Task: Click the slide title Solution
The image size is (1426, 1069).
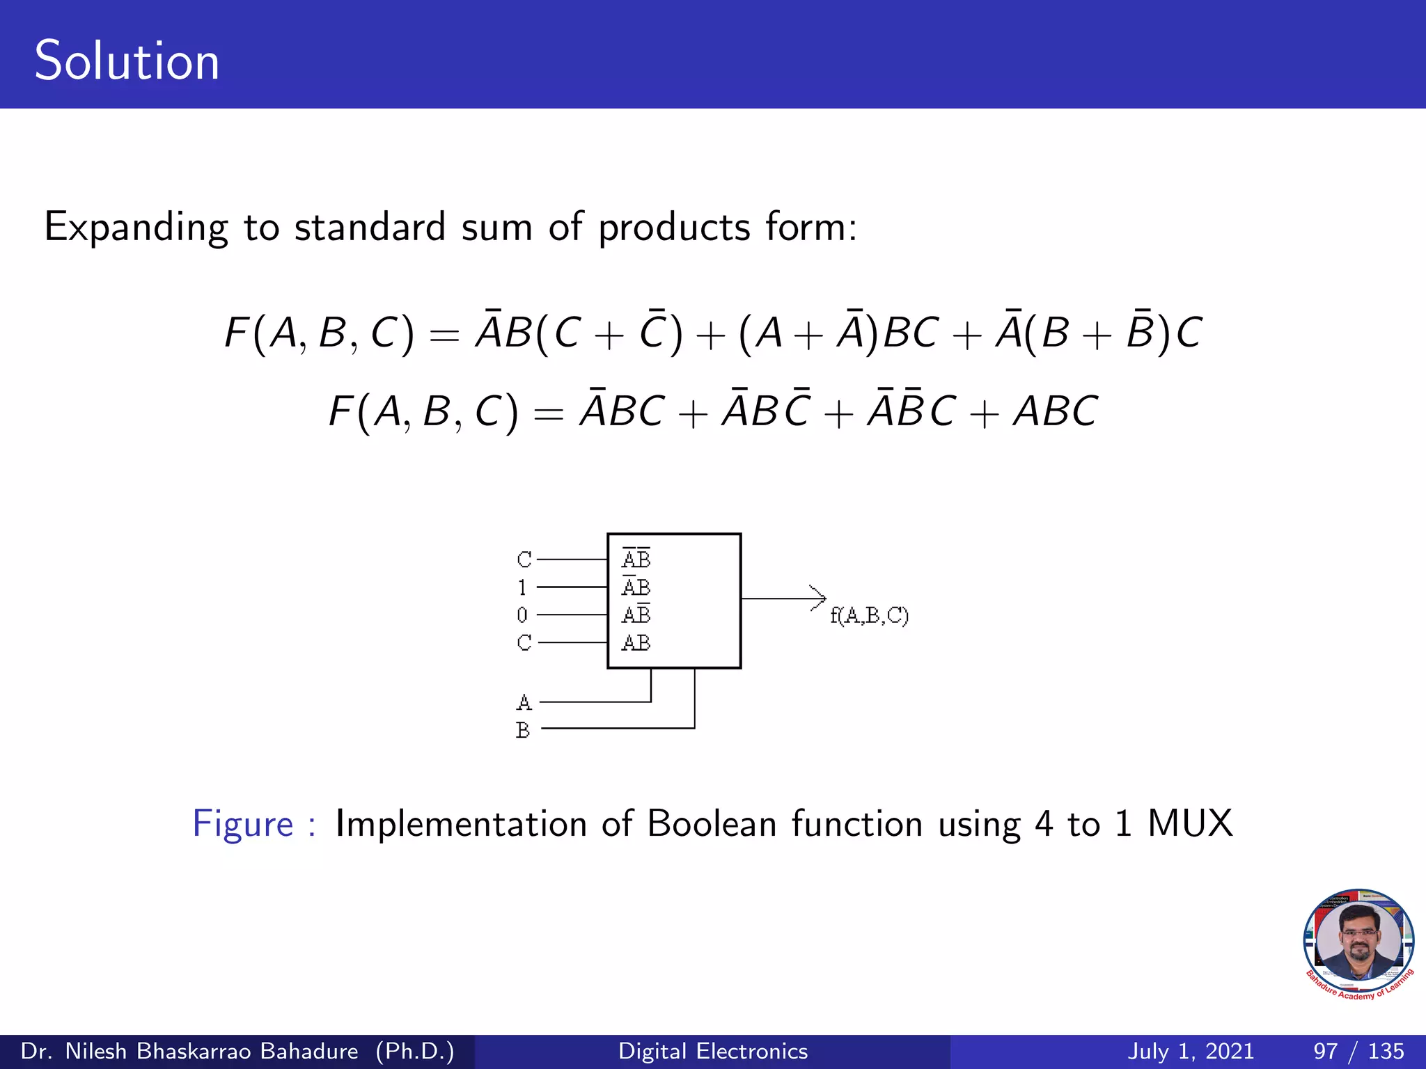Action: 127,61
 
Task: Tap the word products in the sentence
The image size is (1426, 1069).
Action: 674,228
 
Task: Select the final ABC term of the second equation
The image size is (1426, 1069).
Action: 1055,411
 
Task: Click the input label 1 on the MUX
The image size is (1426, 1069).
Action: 522,587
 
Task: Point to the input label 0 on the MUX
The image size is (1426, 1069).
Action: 522,615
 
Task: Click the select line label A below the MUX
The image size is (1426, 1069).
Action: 524,702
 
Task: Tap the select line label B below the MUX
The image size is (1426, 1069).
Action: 523,730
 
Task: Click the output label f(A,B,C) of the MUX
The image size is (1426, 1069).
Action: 869,616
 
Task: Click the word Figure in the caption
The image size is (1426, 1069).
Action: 243,824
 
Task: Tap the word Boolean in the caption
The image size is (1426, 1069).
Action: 711,824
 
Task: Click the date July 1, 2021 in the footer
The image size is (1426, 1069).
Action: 1190,1051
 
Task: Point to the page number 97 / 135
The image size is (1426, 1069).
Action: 1358,1051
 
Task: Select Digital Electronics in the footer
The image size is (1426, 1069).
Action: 713,1051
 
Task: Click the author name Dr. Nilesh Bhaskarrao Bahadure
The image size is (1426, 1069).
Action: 189,1051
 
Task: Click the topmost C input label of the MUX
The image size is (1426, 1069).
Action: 524,560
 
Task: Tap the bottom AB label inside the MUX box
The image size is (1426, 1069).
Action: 636,642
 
